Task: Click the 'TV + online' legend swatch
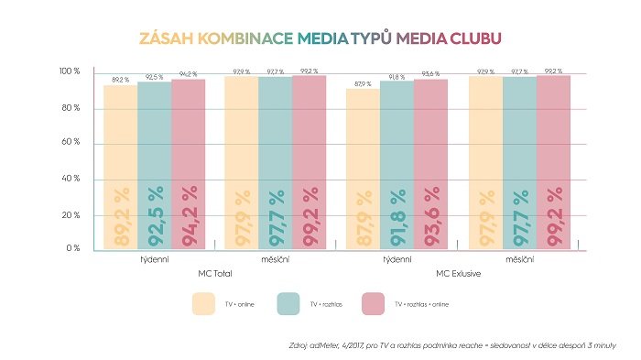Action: [210, 303]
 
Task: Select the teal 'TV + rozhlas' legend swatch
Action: [294, 303]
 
